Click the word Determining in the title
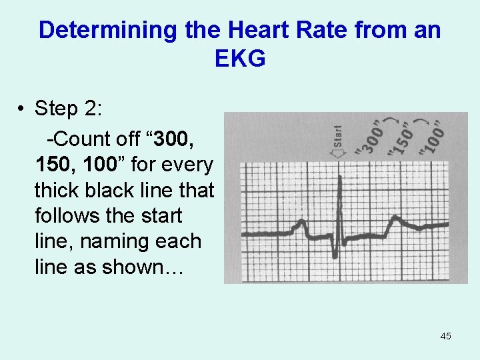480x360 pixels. tap(99, 30)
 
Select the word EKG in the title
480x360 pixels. tap(240, 59)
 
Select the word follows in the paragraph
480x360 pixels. tap(64, 216)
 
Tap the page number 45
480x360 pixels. tap(445, 336)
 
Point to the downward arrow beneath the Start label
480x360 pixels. tap(339, 153)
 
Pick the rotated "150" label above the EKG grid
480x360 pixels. tap(401, 139)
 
